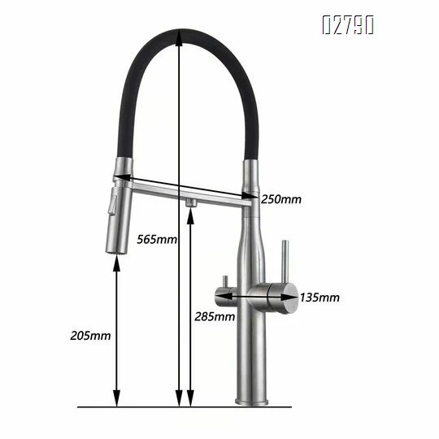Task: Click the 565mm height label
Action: (x=158, y=239)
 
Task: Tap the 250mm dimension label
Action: (x=281, y=199)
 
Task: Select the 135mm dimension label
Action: (x=320, y=298)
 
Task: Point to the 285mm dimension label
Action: (x=214, y=315)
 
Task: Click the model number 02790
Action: (x=347, y=25)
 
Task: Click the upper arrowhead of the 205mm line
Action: (x=118, y=261)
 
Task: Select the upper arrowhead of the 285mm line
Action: (x=191, y=213)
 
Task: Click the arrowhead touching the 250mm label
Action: (x=253, y=196)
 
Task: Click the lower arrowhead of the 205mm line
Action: (x=118, y=400)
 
